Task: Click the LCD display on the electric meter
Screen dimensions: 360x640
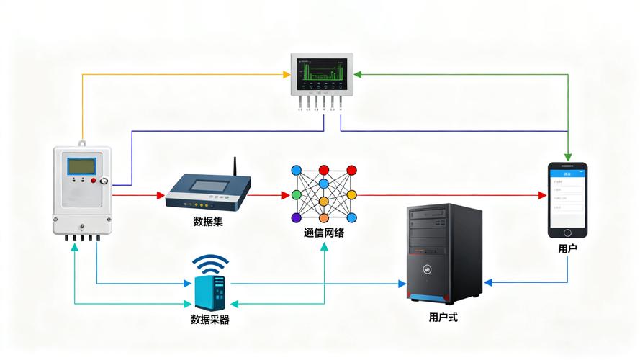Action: click(81, 166)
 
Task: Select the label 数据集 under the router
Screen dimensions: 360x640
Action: click(208, 222)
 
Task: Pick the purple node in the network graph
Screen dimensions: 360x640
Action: click(296, 217)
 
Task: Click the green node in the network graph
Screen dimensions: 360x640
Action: click(296, 195)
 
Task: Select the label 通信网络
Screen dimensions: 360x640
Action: click(324, 233)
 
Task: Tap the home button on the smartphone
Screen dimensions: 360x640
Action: click(567, 232)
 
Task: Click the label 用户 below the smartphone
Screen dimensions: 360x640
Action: click(567, 248)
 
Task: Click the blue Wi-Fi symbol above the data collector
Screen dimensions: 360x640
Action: click(209, 264)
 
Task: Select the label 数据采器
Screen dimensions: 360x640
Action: click(209, 320)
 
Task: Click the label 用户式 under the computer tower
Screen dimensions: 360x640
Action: click(443, 317)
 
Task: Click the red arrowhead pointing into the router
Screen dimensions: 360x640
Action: click(161, 195)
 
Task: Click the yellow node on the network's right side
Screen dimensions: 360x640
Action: click(351, 195)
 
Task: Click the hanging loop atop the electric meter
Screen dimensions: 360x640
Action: click(82, 143)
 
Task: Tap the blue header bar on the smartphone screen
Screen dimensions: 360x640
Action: click(567, 173)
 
